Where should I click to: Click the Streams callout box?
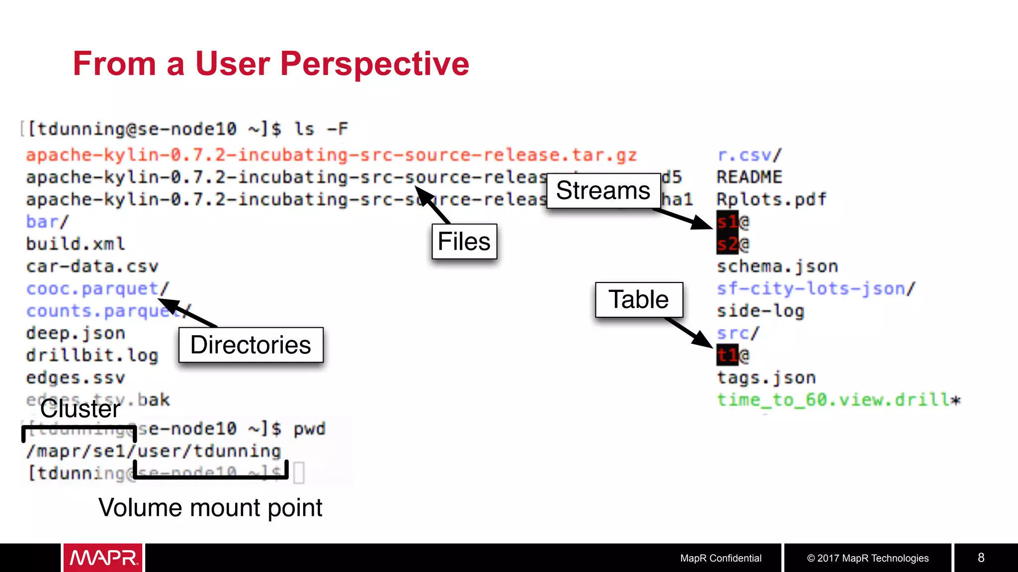click(603, 191)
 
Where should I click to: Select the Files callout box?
click(464, 242)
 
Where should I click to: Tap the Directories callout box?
click(251, 345)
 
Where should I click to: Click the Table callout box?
click(639, 300)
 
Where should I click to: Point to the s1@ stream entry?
click(732, 221)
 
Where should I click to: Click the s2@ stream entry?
click(732, 244)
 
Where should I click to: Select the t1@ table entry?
click(732, 355)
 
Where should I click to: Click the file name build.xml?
click(76, 244)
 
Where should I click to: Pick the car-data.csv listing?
click(92, 266)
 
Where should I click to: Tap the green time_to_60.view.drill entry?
click(838, 400)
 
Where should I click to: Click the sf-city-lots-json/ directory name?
click(815, 288)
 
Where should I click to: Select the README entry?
click(749, 177)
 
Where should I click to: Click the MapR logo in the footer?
click(103, 558)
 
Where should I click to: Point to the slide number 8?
click(981, 558)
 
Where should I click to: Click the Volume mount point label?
click(210, 508)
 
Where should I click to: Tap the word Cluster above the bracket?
click(80, 409)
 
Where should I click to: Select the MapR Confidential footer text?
click(720, 558)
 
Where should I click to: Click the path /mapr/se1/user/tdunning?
click(154, 451)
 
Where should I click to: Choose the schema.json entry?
click(777, 266)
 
